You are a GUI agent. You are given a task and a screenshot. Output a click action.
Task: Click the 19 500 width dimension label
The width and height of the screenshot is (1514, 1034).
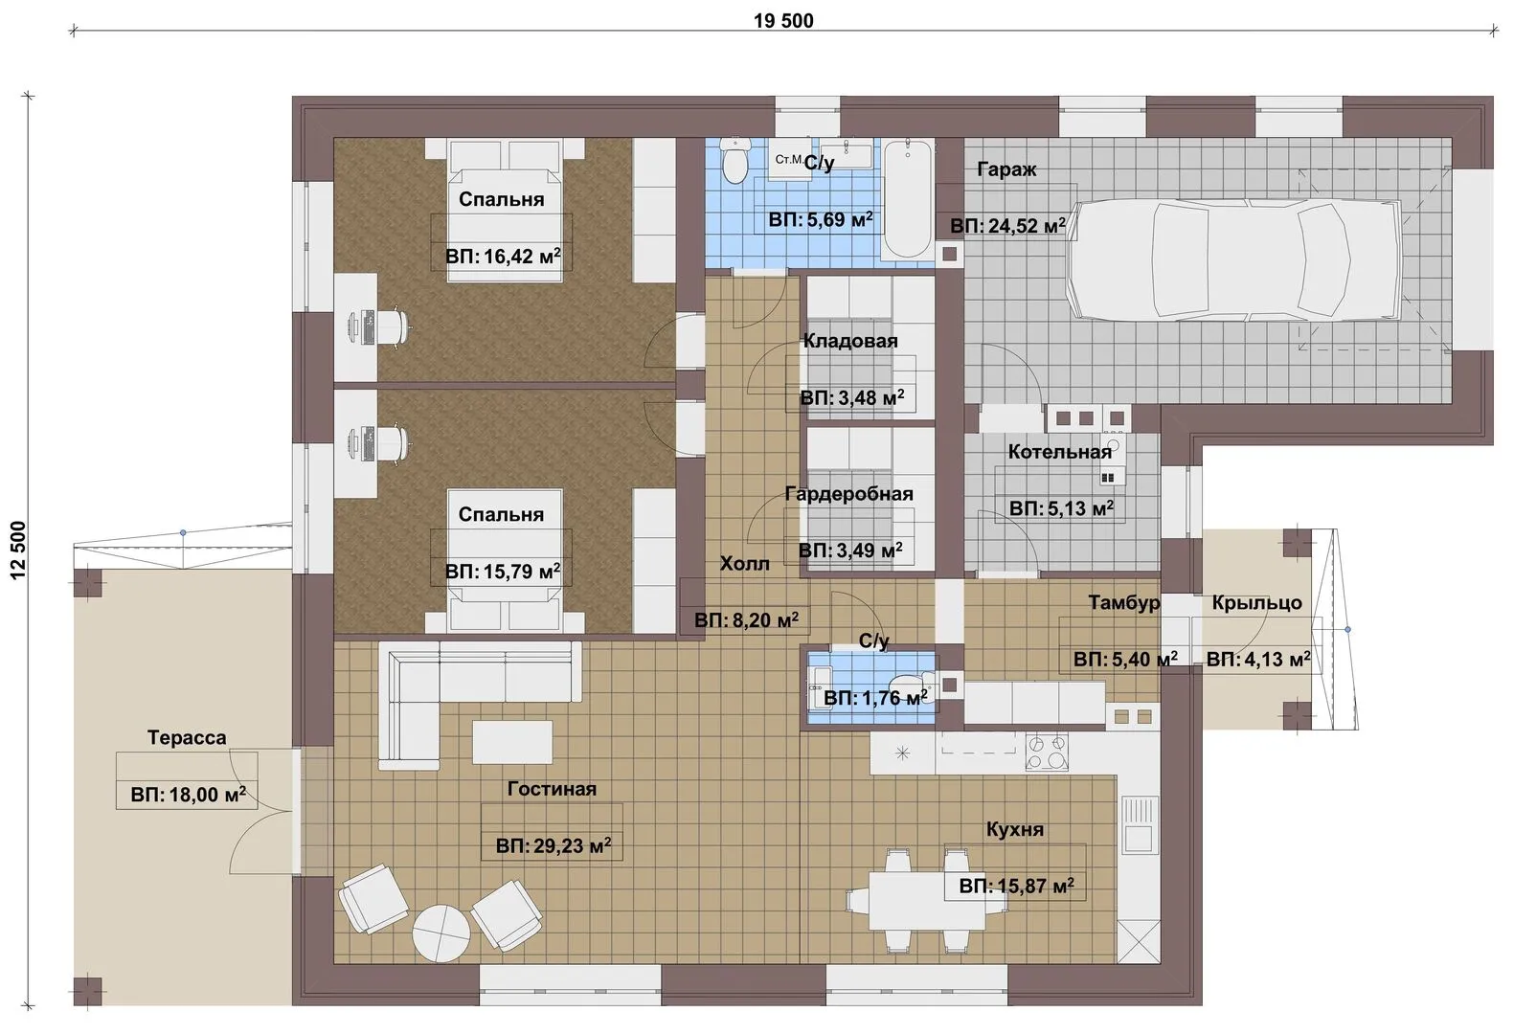[783, 21]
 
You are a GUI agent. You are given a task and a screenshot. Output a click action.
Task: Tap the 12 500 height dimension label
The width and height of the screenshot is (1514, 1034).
[18, 550]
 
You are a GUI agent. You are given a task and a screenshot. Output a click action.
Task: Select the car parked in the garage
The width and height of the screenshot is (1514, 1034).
[1234, 260]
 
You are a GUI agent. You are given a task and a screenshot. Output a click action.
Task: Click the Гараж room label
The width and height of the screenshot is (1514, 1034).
[1006, 169]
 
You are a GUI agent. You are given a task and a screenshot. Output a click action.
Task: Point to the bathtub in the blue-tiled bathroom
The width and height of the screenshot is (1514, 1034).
[908, 198]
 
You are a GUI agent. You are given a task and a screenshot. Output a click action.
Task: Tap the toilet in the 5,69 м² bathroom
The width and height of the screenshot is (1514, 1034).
[734, 160]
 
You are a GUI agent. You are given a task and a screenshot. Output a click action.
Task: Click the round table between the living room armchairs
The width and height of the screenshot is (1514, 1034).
[441, 933]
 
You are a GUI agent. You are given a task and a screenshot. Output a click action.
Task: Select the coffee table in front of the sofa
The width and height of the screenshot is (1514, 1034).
[512, 742]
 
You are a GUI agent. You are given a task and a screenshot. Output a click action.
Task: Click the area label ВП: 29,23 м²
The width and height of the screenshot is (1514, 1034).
[554, 845]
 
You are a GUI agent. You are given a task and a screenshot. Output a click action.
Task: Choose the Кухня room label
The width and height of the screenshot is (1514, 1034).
[1014, 829]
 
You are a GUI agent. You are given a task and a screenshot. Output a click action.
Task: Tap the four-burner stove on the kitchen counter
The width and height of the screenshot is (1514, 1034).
[1047, 753]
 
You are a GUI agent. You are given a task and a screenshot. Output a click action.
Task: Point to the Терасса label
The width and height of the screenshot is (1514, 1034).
[187, 737]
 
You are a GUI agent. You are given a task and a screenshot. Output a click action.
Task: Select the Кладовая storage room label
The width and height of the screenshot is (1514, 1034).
[850, 341]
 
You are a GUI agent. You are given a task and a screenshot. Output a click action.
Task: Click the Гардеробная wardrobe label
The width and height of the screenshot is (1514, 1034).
[848, 494]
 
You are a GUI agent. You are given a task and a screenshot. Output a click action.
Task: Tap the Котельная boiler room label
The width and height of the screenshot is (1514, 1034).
[1060, 452]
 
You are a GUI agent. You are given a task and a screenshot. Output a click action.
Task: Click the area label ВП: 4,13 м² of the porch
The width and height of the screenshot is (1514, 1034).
[1258, 659]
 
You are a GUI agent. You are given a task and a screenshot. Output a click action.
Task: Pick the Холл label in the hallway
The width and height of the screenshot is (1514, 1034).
[744, 564]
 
